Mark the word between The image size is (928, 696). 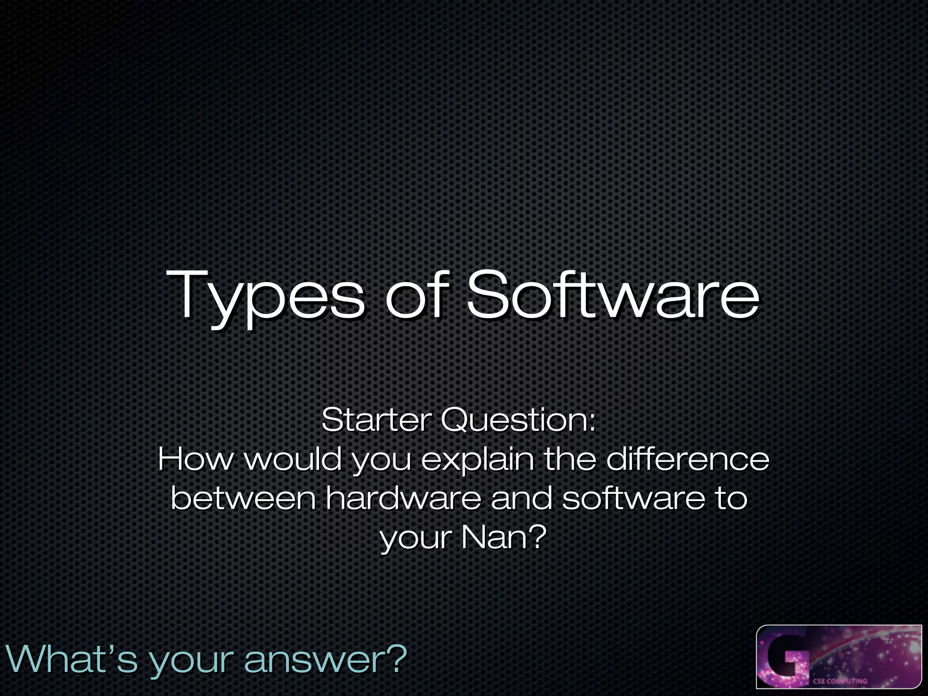click(243, 498)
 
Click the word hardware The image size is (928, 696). click(403, 498)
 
